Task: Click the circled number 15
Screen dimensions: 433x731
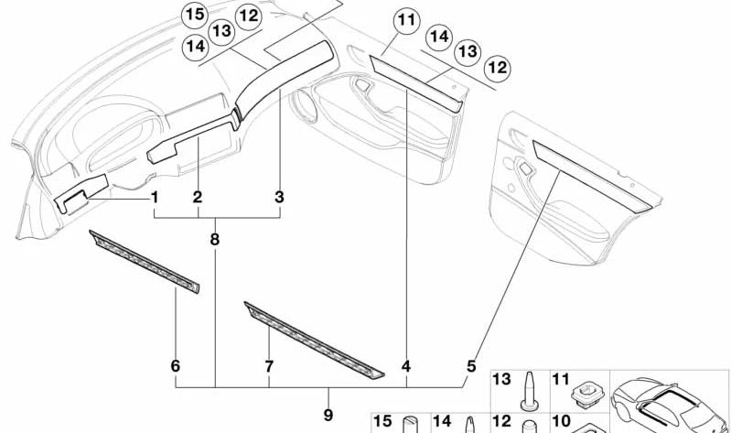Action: click(194, 14)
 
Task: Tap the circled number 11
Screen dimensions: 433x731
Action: click(406, 18)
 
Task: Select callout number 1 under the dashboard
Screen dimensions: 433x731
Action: click(155, 197)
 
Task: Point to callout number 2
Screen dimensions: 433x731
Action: click(198, 197)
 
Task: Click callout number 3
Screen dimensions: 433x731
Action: click(280, 197)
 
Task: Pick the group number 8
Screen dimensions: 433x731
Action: click(215, 240)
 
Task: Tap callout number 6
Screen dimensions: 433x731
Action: click(175, 366)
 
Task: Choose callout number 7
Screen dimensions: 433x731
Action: click(269, 366)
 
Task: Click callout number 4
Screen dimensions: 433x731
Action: click(406, 366)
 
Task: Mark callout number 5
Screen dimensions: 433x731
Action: click(471, 365)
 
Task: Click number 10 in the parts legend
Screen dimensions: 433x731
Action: click(562, 423)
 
